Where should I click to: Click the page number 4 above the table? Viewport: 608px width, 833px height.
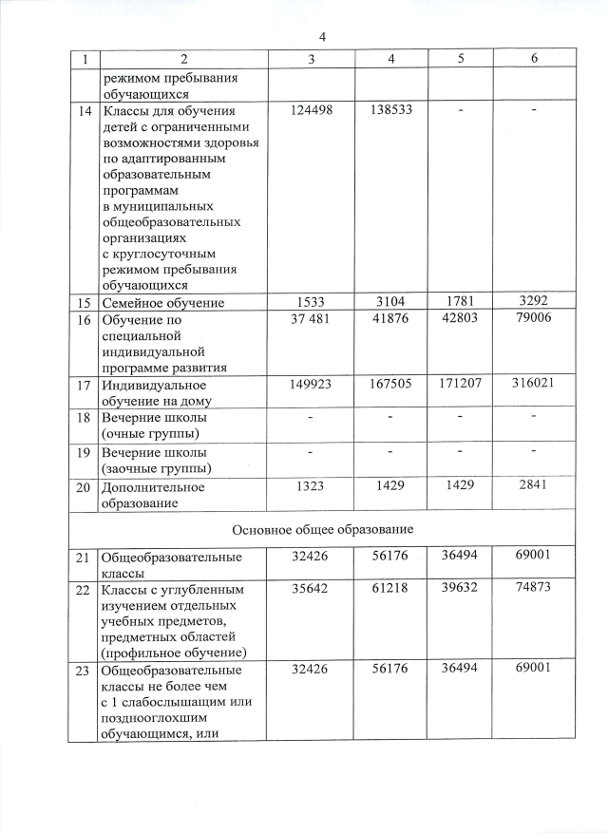click(323, 37)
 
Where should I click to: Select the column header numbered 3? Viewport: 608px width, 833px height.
click(312, 59)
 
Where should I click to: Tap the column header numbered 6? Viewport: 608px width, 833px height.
click(535, 59)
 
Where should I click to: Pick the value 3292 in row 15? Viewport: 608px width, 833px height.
click(535, 303)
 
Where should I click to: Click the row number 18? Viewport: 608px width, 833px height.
click(85, 419)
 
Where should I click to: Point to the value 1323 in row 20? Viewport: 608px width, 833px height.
click(312, 485)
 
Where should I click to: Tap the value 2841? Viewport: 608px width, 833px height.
click(535, 485)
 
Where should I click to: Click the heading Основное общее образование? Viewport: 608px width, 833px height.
click(322, 528)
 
